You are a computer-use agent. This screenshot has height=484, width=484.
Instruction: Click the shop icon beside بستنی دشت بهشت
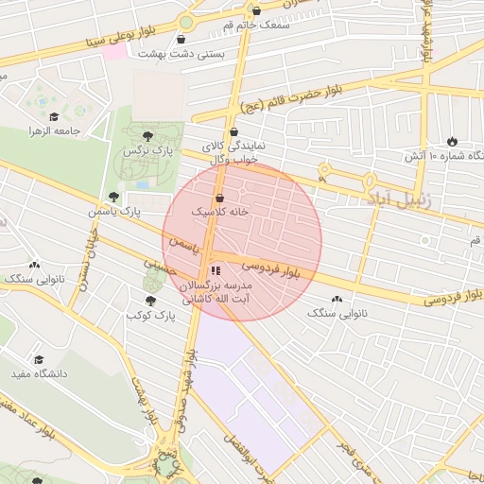pyautogui.click(x=181, y=39)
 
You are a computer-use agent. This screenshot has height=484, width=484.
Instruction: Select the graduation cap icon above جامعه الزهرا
pyautogui.click(x=39, y=113)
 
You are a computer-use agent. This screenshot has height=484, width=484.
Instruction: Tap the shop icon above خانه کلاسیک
pyautogui.click(x=220, y=199)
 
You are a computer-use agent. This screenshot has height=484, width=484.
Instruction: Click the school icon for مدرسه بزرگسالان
pyautogui.click(x=215, y=270)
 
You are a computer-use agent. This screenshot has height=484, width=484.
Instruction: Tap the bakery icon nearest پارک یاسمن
pyautogui.click(x=35, y=266)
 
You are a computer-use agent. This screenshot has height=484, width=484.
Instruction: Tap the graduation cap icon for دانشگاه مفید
pyautogui.click(x=39, y=360)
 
